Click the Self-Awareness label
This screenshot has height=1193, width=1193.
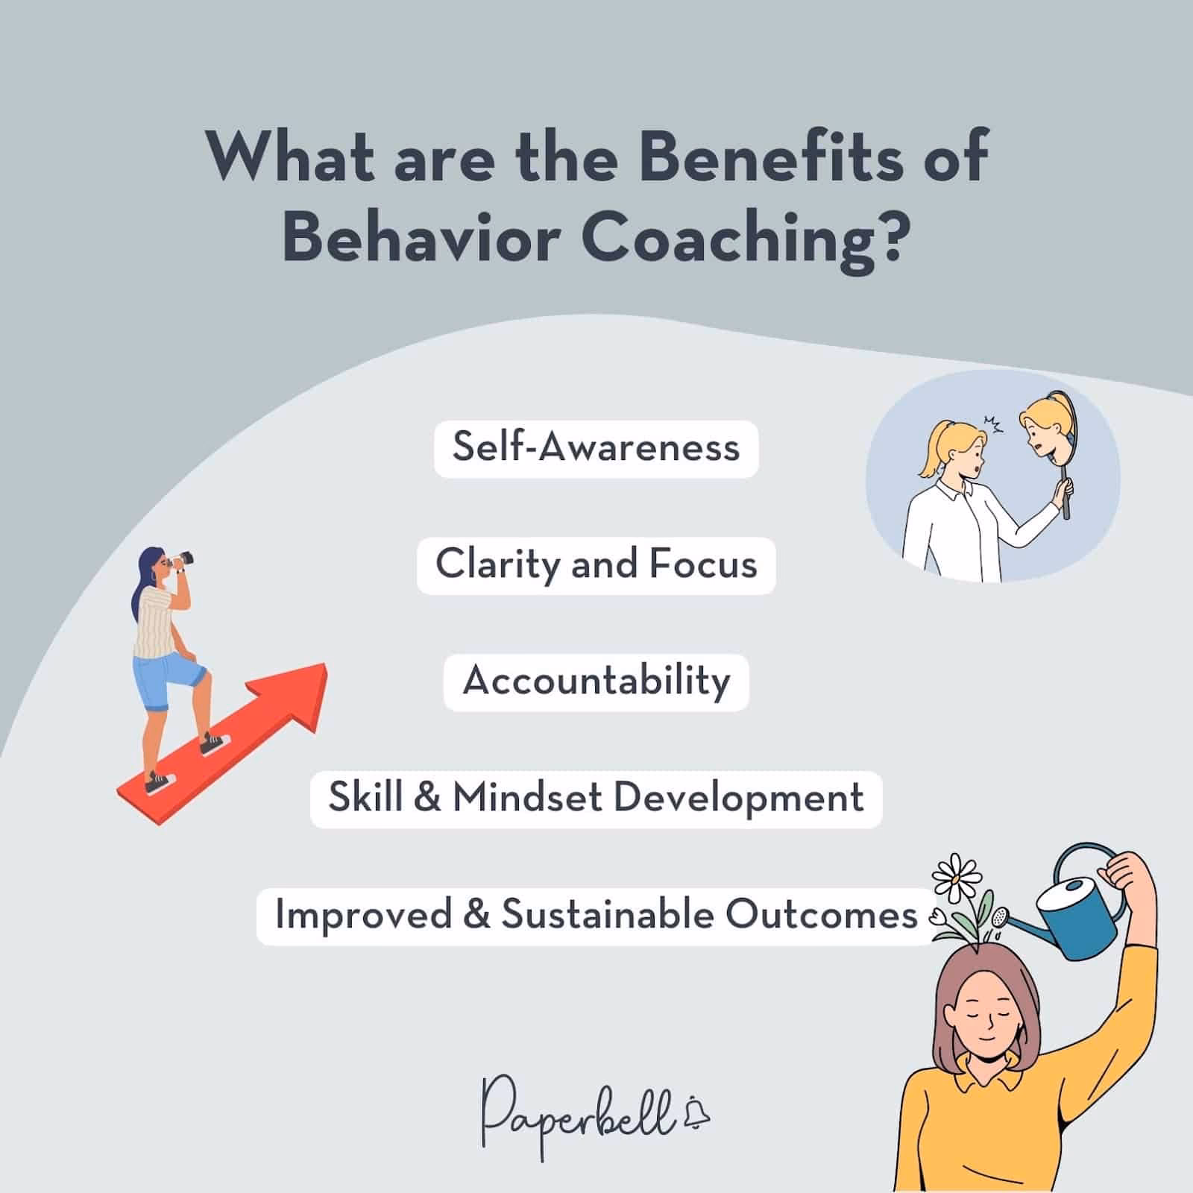(596, 448)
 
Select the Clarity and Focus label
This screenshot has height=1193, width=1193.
(596, 564)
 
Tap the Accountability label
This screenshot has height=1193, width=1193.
(596, 682)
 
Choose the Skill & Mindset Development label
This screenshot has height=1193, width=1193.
(596, 799)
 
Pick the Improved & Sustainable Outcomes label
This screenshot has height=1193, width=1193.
(596, 916)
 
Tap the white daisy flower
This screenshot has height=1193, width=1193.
(955, 877)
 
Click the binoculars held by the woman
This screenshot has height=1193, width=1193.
(182, 558)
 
